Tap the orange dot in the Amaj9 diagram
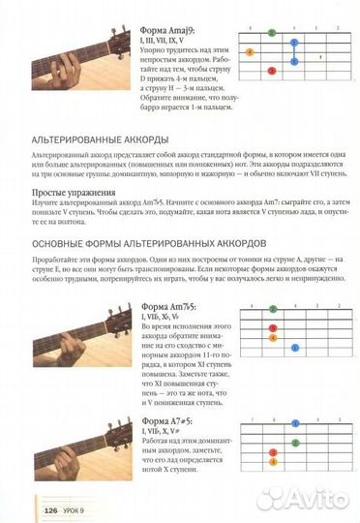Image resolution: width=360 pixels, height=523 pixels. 251,50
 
